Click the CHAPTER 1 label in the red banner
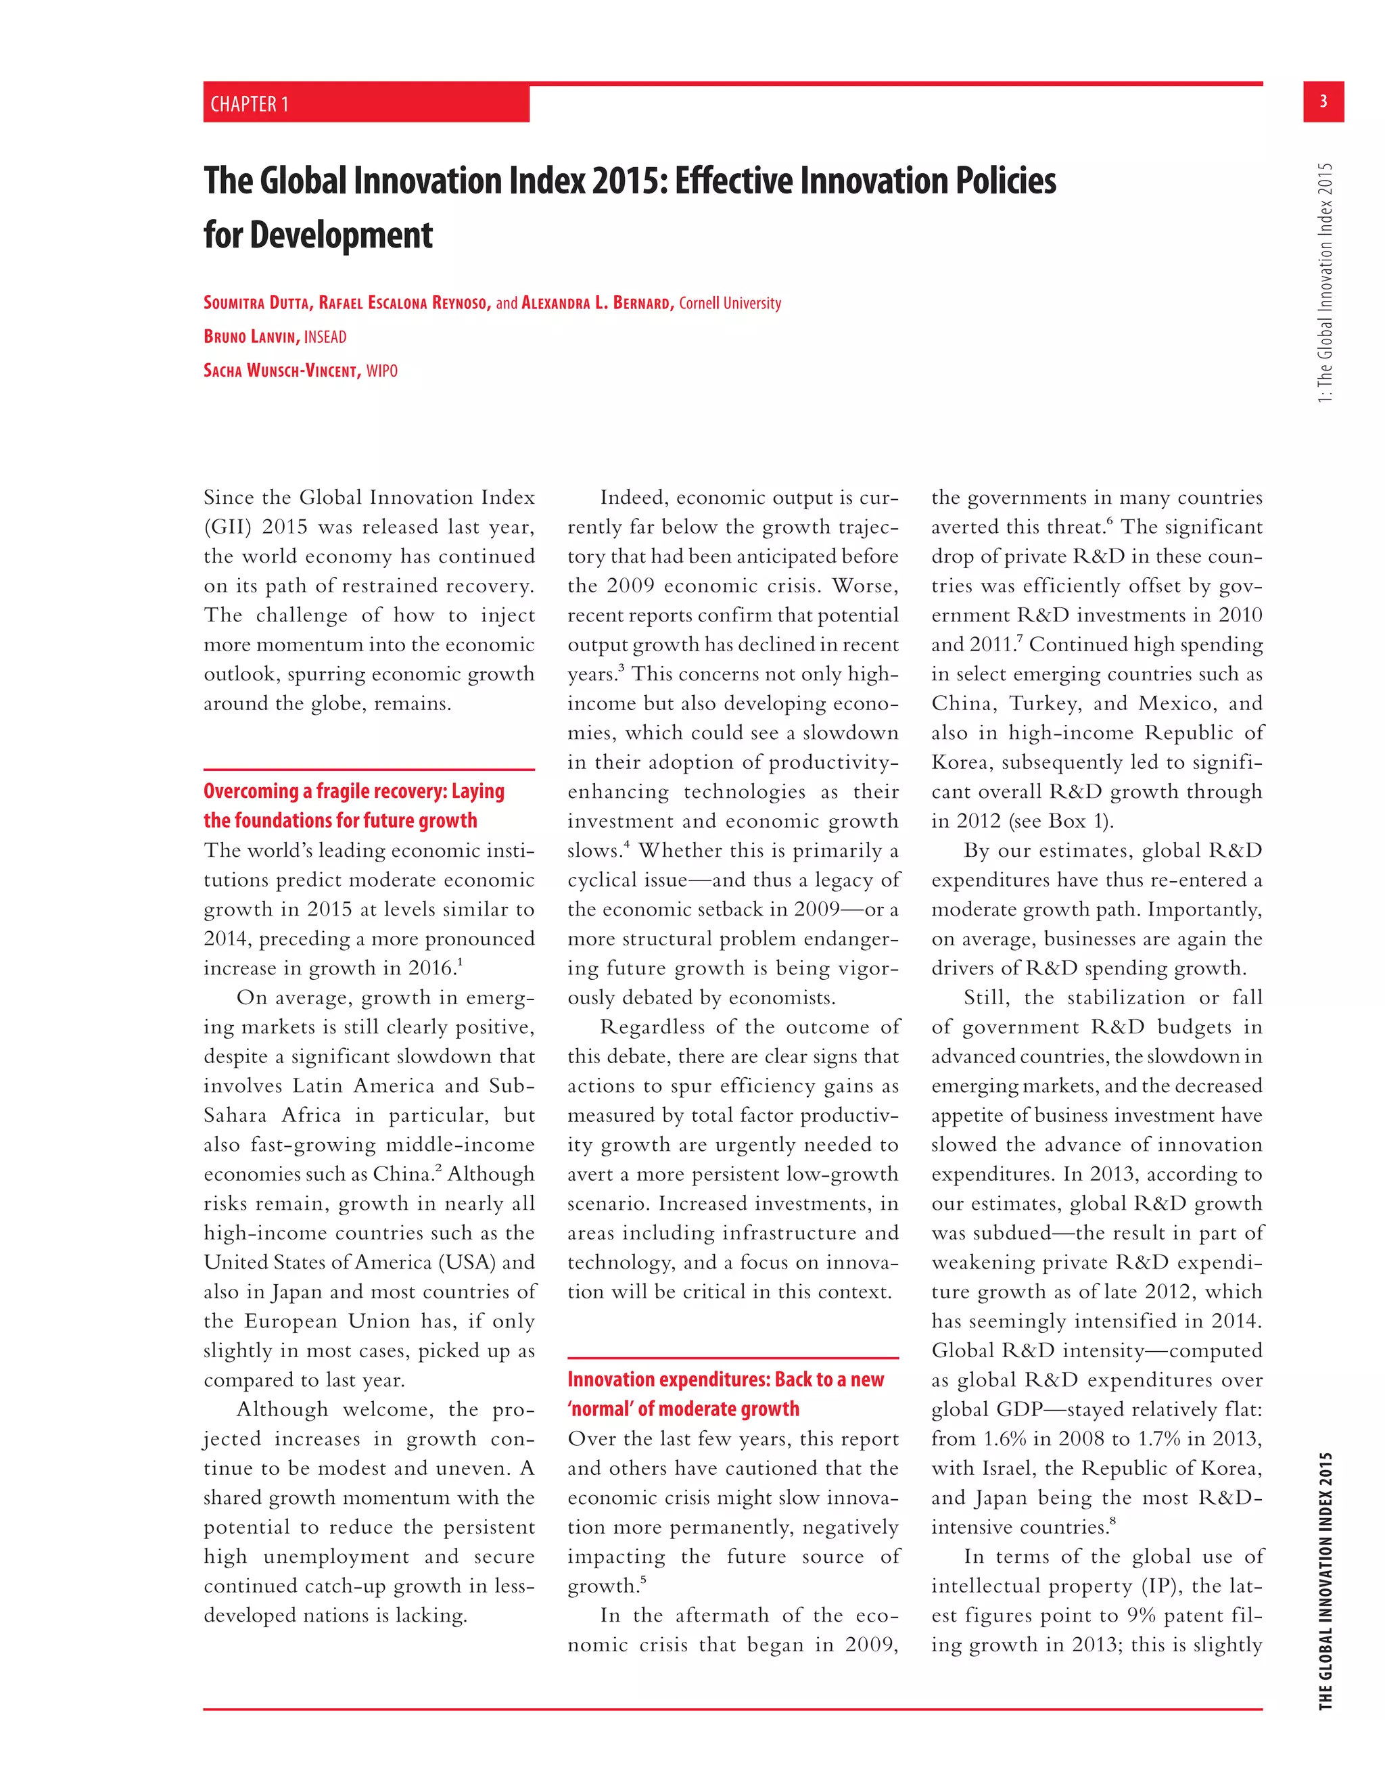[250, 104]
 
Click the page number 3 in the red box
[1323, 101]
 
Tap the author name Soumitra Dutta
[256, 303]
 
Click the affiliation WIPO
[381, 371]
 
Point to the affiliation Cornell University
[730, 303]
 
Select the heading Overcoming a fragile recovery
[354, 791]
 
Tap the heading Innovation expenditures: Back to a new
[726, 1380]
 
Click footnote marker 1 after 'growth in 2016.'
[461, 962]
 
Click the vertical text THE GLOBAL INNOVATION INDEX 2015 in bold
[1325, 1581]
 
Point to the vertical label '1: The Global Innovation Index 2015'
[1325, 283]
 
